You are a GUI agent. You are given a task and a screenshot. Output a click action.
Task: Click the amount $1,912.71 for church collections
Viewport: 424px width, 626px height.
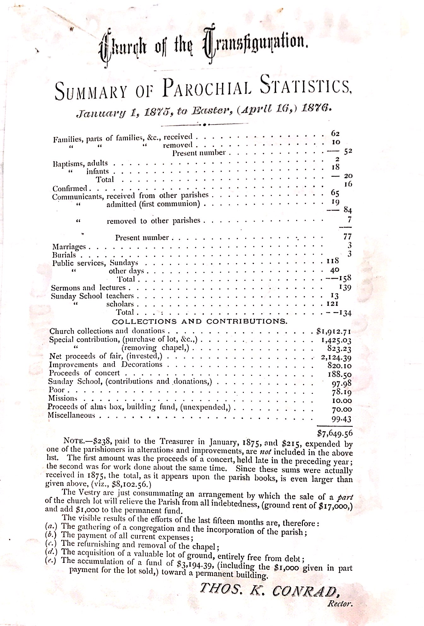click(334, 332)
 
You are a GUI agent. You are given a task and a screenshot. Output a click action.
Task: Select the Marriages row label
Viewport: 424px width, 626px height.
click(69, 246)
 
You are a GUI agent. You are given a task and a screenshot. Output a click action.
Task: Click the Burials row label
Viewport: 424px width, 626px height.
click(64, 255)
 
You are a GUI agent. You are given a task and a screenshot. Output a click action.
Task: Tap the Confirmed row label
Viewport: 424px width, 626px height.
click(69, 189)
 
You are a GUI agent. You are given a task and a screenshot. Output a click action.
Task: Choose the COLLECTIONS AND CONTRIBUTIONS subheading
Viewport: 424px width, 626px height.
click(200, 322)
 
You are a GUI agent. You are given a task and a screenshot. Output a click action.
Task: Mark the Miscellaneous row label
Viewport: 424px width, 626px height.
click(71, 415)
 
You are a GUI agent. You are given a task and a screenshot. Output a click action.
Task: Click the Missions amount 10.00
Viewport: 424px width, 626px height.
click(342, 401)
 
